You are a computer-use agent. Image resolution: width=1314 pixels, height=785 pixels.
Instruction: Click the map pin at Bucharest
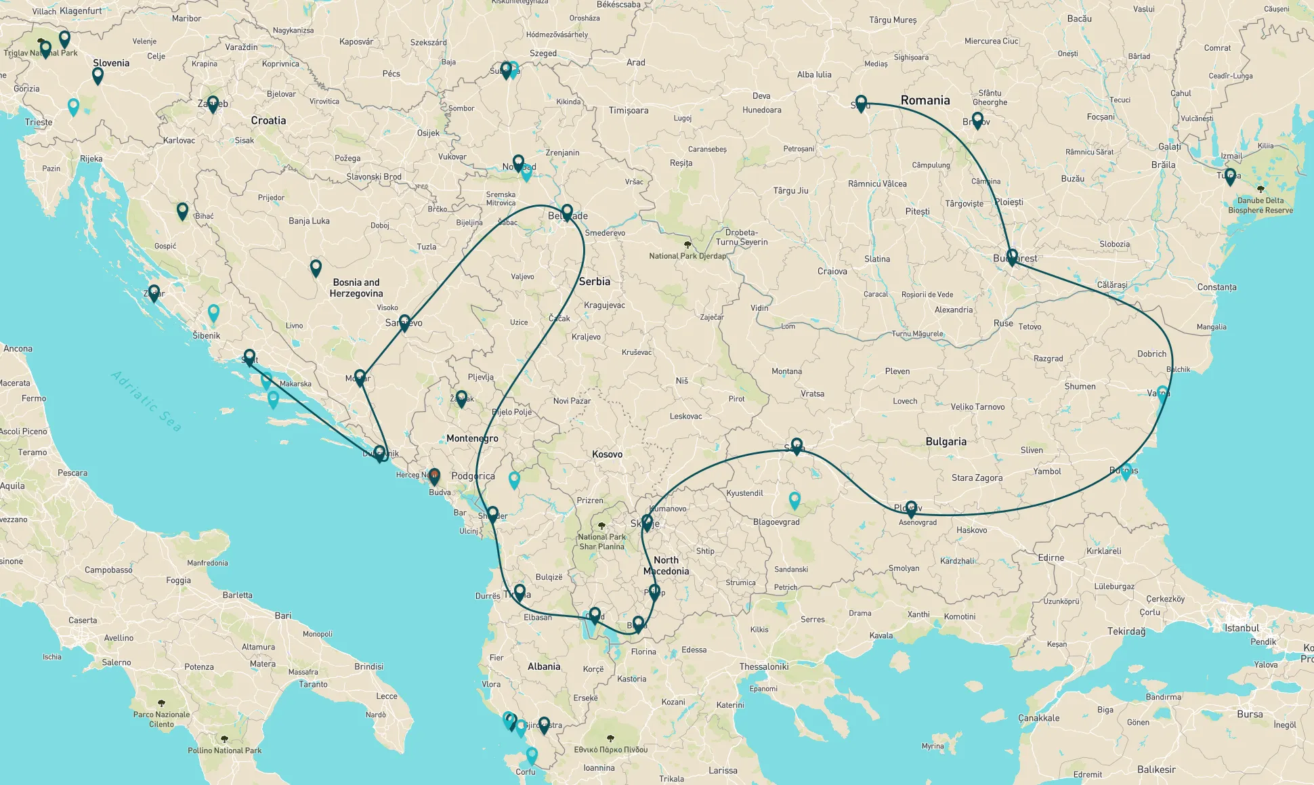click(x=1012, y=256)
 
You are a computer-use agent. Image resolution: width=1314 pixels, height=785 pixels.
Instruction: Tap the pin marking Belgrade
click(x=567, y=211)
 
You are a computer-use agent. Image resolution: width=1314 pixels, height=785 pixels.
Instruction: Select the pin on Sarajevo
click(x=404, y=322)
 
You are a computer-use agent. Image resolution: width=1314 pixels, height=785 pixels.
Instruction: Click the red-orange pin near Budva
click(x=434, y=475)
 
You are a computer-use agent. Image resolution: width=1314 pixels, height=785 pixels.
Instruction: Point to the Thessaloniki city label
click(x=763, y=666)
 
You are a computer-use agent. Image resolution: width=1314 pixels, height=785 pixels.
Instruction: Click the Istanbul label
click(x=1242, y=628)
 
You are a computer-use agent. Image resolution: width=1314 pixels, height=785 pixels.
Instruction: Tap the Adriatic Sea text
click(x=146, y=401)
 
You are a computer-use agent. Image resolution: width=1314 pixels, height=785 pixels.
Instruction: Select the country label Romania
click(x=925, y=100)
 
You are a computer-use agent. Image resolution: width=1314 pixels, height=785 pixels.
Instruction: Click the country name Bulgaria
click(x=946, y=442)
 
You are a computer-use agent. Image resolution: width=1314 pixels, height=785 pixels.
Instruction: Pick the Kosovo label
click(x=607, y=454)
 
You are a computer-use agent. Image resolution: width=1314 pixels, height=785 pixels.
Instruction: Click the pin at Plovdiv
click(x=911, y=507)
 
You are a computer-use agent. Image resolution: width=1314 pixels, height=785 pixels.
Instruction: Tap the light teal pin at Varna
click(x=1162, y=393)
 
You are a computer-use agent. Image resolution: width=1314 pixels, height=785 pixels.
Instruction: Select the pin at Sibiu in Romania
click(x=861, y=102)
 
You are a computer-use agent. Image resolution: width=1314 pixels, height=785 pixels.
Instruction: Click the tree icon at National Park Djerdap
click(x=687, y=245)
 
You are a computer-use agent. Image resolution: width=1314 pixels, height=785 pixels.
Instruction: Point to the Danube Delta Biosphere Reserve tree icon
click(x=1260, y=190)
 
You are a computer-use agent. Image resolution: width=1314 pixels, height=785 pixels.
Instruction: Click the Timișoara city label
click(x=628, y=110)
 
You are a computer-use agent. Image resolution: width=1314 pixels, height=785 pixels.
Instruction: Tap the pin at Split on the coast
click(x=249, y=356)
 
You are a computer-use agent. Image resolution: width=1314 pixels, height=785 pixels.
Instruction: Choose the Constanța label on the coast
click(x=1216, y=287)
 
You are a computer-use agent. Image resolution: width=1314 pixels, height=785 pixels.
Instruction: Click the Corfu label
click(x=525, y=771)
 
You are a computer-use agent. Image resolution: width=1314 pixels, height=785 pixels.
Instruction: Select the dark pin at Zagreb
click(x=213, y=103)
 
